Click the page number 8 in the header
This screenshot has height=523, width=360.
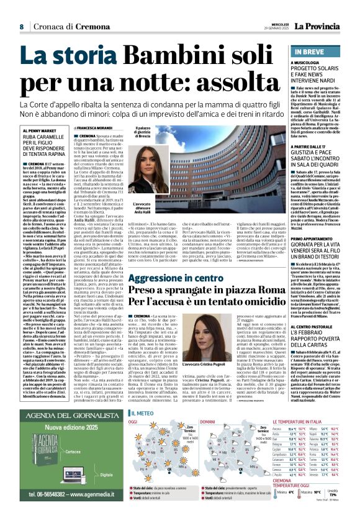pos(21,26)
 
